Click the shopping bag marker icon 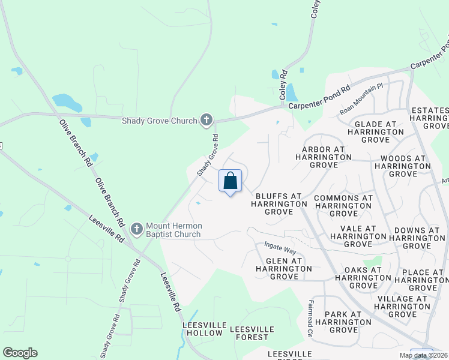pos(231,181)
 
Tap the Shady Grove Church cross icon pos(206,121)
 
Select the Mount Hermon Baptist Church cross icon pos(136,229)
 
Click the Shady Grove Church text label pos(159,121)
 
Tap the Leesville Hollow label pos(205,329)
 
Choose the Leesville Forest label pos(252,333)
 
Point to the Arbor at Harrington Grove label pos(323,157)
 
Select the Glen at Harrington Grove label pos(280,269)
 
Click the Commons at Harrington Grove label pos(343,205)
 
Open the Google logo pos(20,353)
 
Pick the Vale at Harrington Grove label pos(358,236)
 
